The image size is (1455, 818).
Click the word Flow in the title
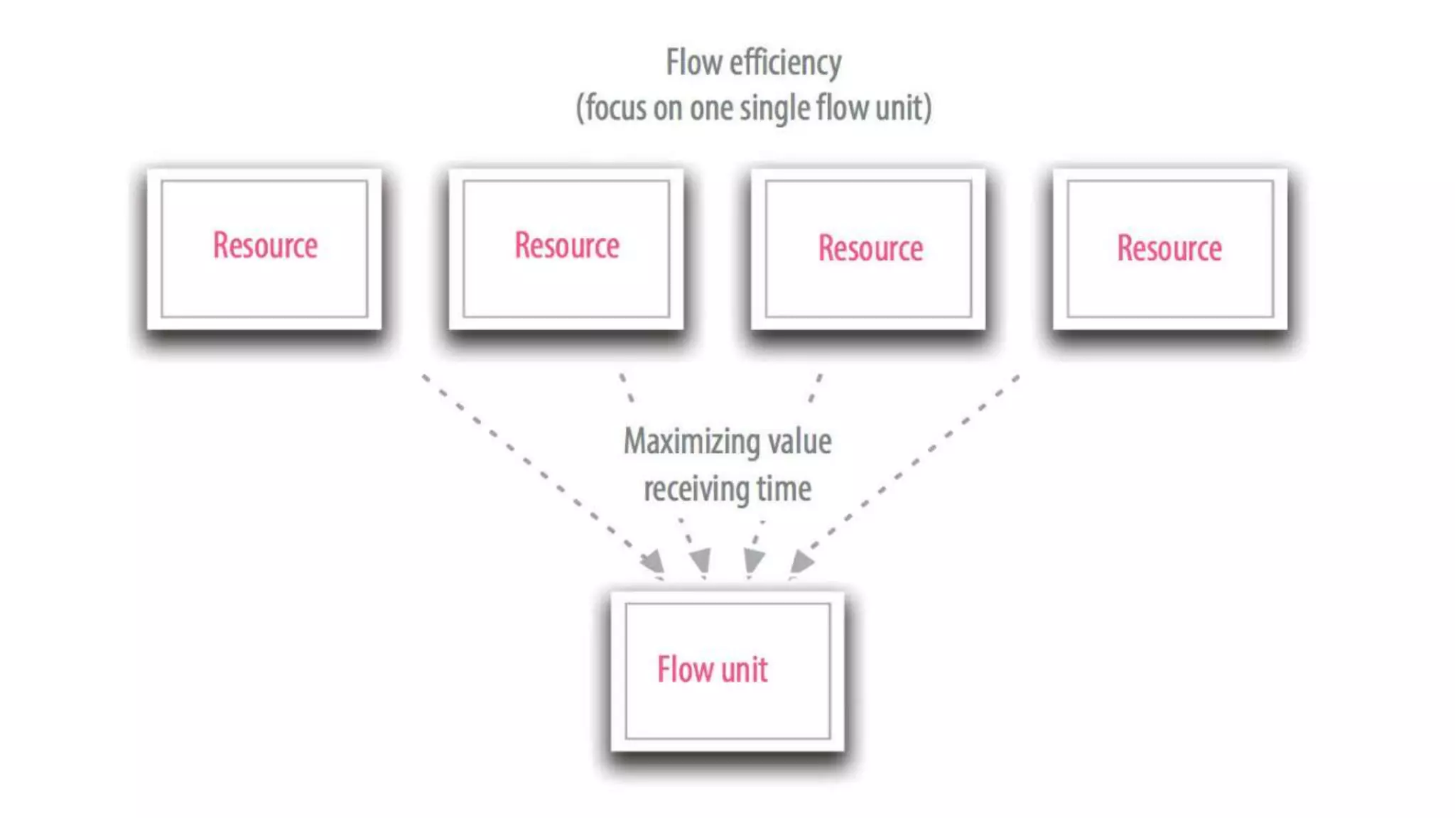click(694, 62)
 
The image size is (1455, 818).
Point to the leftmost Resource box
click(264, 249)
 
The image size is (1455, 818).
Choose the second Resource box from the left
click(566, 249)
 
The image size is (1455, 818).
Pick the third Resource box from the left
click(868, 249)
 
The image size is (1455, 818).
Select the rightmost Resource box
click(1169, 249)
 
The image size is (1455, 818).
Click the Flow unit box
click(727, 671)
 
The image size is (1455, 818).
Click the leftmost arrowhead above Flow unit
click(654, 561)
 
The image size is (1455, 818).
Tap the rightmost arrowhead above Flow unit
click(801, 561)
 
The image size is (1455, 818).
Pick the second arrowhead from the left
click(701, 560)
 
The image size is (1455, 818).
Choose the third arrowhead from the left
click(753, 560)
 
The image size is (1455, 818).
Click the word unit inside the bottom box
click(745, 670)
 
